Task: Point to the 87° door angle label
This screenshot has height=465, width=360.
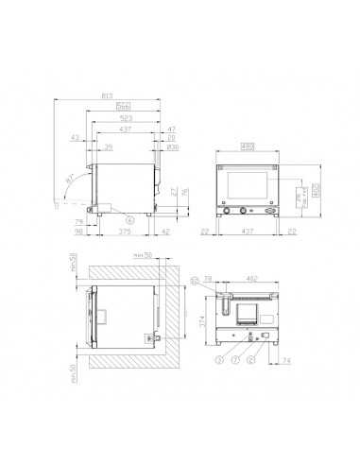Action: point(71,179)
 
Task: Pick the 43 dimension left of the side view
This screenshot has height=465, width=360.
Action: point(75,139)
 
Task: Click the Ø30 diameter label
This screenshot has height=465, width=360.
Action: point(171,148)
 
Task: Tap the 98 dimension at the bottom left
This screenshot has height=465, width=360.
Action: point(80,232)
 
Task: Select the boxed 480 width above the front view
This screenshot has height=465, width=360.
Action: point(248,146)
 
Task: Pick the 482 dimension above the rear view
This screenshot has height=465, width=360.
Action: point(251,279)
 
